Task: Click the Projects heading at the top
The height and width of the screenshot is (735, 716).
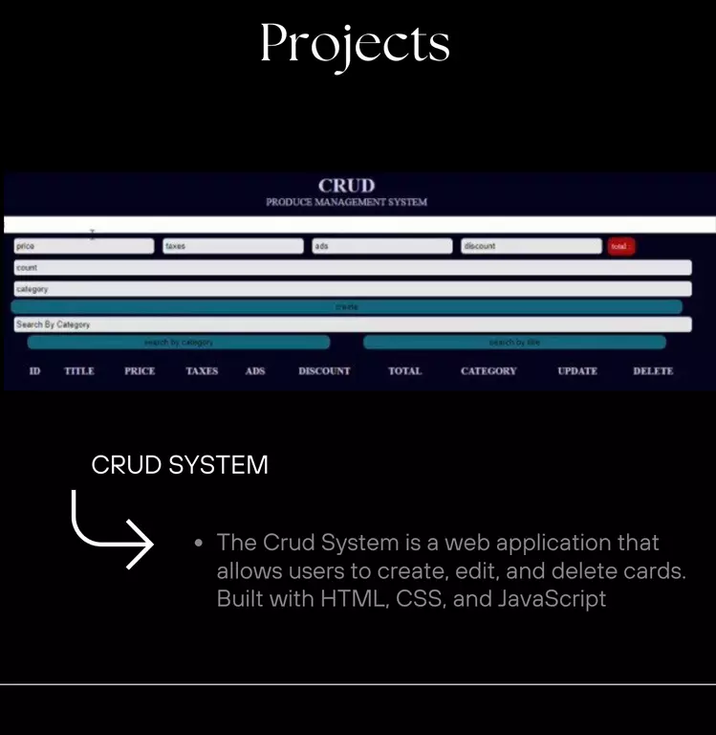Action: (x=355, y=43)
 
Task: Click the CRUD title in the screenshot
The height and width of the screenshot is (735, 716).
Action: (x=346, y=186)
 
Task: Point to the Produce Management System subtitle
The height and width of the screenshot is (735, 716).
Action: (x=346, y=203)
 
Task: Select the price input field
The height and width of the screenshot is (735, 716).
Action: (x=84, y=246)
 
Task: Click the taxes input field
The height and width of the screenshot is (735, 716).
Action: (x=232, y=246)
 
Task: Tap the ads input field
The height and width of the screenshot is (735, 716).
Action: (x=381, y=246)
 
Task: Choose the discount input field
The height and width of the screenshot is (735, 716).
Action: (x=531, y=246)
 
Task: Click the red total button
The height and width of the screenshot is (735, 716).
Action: (x=620, y=247)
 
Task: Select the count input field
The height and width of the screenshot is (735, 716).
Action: (x=352, y=268)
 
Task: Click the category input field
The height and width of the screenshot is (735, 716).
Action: (x=352, y=288)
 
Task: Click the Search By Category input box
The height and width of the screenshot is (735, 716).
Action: (x=352, y=324)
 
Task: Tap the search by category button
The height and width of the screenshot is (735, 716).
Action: (x=179, y=343)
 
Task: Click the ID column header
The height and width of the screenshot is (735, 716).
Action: (x=34, y=371)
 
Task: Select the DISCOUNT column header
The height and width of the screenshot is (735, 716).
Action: (x=324, y=371)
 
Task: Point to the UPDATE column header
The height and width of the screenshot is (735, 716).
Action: (x=577, y=371)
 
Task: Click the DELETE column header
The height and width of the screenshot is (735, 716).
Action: (x=653, y=371)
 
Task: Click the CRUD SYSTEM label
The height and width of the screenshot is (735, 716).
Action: (x=180, y=466)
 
